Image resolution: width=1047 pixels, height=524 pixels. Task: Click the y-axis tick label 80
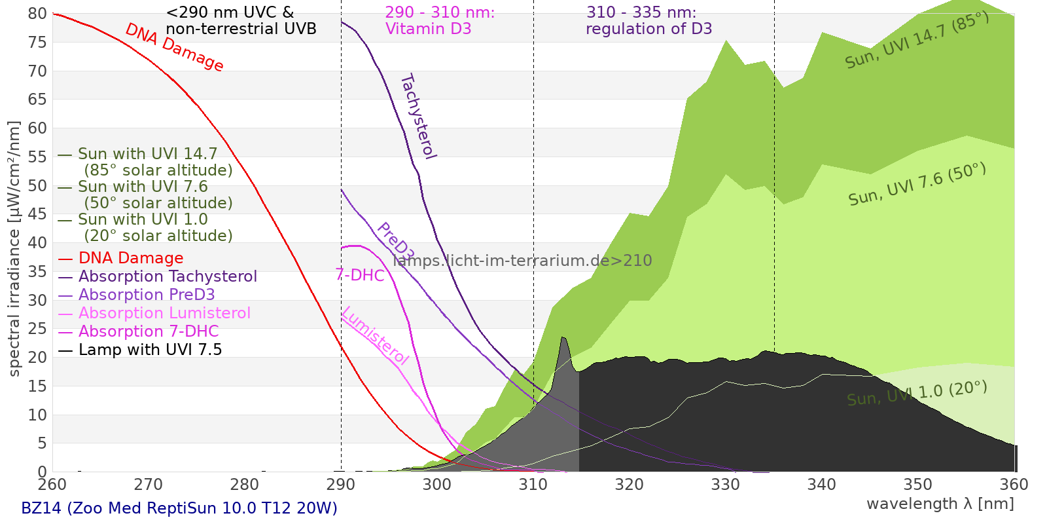(37, 14)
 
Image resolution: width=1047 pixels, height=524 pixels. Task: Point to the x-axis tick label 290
(341, 485)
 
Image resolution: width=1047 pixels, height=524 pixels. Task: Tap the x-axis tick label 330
(726, 485)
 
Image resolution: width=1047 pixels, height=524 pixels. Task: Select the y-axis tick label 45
(37, 214)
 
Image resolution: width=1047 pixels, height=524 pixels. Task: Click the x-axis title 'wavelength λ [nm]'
(940, 504)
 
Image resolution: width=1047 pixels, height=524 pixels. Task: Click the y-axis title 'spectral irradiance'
(14, 249)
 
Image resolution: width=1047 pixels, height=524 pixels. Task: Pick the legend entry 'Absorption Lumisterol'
(164, 313)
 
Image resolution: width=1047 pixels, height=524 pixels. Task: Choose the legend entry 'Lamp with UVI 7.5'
(150, 350)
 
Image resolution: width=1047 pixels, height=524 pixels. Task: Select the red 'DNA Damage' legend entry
(130, 258)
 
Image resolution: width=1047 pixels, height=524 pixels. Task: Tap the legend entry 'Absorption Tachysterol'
(168, 276)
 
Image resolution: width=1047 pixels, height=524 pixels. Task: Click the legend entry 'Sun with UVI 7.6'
(143, 187)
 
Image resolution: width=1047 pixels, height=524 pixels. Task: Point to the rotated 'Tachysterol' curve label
(417, 117)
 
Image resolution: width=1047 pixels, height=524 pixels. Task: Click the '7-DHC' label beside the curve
(360, 275)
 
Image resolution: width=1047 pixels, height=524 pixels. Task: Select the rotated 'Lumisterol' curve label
(375, 336)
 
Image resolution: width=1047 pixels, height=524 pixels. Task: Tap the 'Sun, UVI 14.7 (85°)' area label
(917, 41)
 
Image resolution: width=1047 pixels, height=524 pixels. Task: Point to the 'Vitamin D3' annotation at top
(428, 29)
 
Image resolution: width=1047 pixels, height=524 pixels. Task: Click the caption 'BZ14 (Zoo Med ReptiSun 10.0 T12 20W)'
(179, 508)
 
